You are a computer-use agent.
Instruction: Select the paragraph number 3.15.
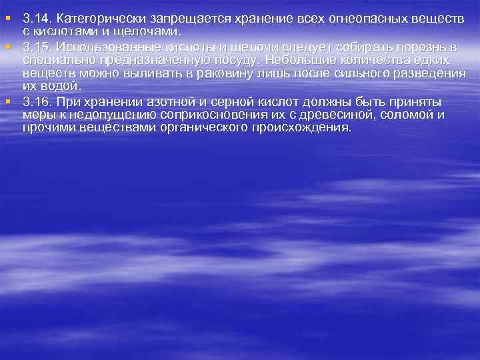(x=36, y=47)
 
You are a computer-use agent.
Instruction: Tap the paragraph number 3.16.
(x=36, y=101)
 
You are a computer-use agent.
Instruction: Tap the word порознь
(x=421, y=47)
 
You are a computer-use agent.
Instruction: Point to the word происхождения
(x=304, y=127)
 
